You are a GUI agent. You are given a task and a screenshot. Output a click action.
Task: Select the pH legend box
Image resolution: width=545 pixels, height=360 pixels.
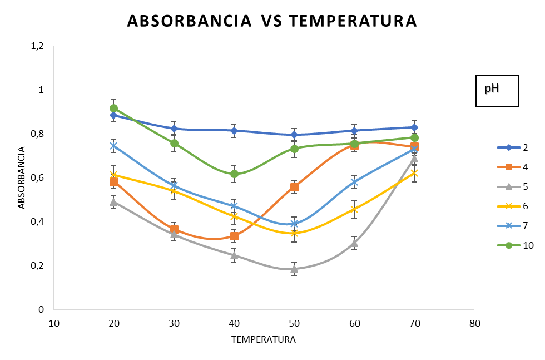(x=497, y=89)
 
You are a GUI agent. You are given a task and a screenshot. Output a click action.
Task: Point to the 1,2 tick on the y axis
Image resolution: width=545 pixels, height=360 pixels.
(x=37, y=46)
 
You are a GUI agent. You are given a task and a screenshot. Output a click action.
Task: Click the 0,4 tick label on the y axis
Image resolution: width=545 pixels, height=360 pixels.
(x=37, y=222)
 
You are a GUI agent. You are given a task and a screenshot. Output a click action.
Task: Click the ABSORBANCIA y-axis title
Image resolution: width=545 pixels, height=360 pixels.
(x=22, y=178)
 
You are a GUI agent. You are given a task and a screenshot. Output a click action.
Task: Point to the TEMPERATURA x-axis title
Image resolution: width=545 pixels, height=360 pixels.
(x=264, y=339)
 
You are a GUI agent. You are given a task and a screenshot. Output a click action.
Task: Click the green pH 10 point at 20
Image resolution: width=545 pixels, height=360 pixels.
(x=114, y=109)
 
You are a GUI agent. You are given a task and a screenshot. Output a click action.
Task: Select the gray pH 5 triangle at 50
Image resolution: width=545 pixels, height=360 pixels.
(x=294, y=269)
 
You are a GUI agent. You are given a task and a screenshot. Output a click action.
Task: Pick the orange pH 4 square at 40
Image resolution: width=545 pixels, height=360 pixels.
(x=234, y=236)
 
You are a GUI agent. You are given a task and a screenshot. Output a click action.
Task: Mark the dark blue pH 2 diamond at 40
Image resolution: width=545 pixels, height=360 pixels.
(x=234, y=131)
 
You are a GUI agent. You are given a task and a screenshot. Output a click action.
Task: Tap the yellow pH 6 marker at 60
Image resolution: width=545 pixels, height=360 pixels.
(x=354, y=209)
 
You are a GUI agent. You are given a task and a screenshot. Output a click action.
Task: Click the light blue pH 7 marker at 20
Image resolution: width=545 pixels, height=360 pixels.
(x=114, y=146)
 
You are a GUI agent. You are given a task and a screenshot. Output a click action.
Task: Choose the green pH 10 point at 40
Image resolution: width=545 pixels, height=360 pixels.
(x=234, y=174)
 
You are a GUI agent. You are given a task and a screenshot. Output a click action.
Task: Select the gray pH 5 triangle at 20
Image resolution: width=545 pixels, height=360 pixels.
(x=114, y=202)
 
